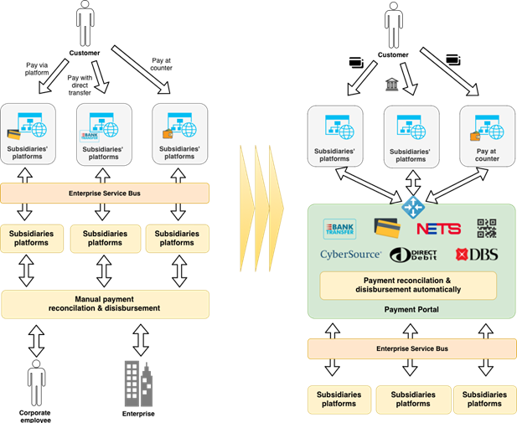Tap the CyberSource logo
coord(350,254)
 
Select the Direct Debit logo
coord(416,255)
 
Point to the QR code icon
coord(487,228)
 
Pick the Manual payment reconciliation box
coord(105,303)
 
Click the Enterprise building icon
coord(138,383)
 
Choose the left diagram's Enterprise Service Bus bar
coord(104,193)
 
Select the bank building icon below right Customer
coord(391,84)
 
